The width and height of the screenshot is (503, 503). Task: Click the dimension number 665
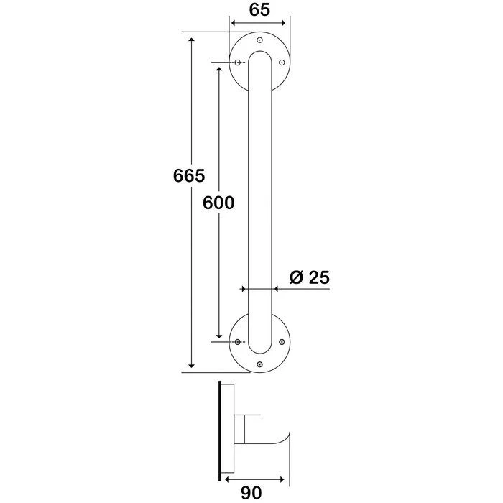pyautogui.click(x=190, y=175)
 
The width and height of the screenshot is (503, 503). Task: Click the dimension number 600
pyautogui.click(x=218, y=203)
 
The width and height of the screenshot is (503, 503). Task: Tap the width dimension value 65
pyautogui.click(x=259, y=10)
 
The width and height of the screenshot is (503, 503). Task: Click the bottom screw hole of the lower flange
pyautogui.click(x=259, y=364)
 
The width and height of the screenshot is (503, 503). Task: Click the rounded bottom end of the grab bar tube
pyautogui.click(x=259, y=350)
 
